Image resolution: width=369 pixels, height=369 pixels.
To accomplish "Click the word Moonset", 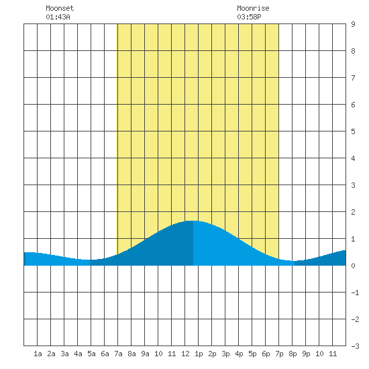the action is [60, 8].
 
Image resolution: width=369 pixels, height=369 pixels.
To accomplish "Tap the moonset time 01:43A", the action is [58, 17].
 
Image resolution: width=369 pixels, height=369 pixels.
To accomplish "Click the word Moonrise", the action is [253, 8].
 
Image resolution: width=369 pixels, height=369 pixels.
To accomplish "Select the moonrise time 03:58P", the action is [249, 17].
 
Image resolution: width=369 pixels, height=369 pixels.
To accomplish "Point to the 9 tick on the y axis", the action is [353, 24].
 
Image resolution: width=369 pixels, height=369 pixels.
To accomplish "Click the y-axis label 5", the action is [353, 131].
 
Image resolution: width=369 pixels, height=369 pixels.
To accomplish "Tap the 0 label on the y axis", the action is [353, 266].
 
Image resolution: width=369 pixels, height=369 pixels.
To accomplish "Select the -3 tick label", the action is [355, 346].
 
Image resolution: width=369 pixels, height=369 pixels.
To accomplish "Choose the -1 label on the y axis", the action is [355, 293].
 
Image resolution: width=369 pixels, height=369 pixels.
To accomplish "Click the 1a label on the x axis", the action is [38, 354].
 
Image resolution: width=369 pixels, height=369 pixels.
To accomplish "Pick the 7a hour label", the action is [118, 354].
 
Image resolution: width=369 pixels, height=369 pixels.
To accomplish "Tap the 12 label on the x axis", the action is [185, 354].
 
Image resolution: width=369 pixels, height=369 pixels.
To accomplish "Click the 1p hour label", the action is [199, 354].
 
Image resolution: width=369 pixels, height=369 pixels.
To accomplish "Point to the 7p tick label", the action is [279, 354].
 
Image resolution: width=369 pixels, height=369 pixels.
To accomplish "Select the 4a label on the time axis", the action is [78, 354].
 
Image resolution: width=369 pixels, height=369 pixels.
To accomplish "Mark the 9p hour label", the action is [306, 354].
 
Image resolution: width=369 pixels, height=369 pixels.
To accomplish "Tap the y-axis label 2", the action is [353, 212].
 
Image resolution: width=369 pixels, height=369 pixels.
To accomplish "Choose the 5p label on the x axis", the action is [252, 354].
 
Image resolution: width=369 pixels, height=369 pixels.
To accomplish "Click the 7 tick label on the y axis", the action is [353, 78].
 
